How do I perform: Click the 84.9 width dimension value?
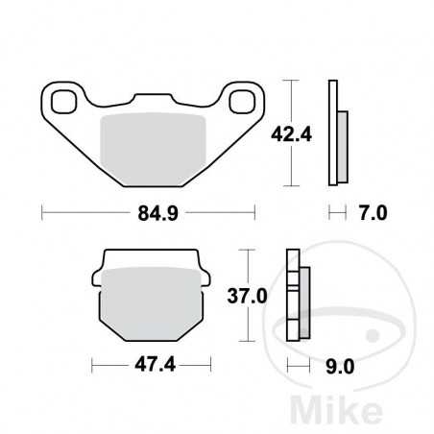click(149, 211)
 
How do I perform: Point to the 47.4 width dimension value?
click(151, 366)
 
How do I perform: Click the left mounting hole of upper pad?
click(67, 99)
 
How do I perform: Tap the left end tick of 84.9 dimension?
click(43, 211)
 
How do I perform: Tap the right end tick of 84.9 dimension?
click(255, 211)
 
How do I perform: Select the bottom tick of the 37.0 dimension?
click(251, 342)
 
